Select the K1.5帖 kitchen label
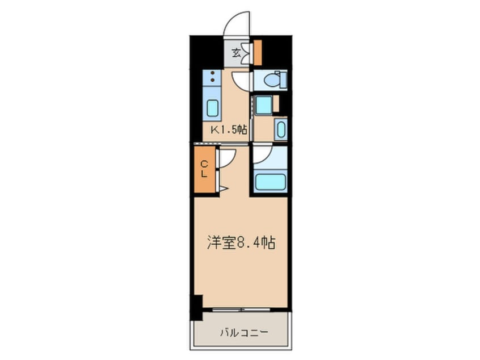coord(229,129)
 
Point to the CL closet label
coord(203,169)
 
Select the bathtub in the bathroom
coord(270,182)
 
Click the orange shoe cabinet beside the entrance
coord(257,52)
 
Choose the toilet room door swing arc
coord(241,79)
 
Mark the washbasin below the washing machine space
coord(280,129)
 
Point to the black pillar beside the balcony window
coord(196,308)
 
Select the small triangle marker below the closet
coord(224,188)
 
